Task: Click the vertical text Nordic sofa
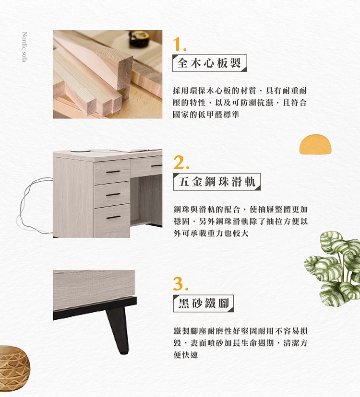tap(24, 47)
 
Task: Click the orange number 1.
tap(179, 44)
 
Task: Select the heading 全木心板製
tap(209, 63)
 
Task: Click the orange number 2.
tap(181, 162)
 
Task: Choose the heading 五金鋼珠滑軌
tap(217, 182)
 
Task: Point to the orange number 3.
tap(181, 283)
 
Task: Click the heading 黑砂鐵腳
tap(204, 304)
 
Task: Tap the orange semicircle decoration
tap(315, 144)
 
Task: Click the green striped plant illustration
tap(334, 268)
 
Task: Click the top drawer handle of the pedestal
tap(113, 172)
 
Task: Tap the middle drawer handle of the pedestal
tap(113, 195)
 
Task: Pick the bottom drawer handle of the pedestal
tap(113, 217)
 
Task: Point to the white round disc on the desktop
tap(80, 151)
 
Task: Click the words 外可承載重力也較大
tap(211, 233)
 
